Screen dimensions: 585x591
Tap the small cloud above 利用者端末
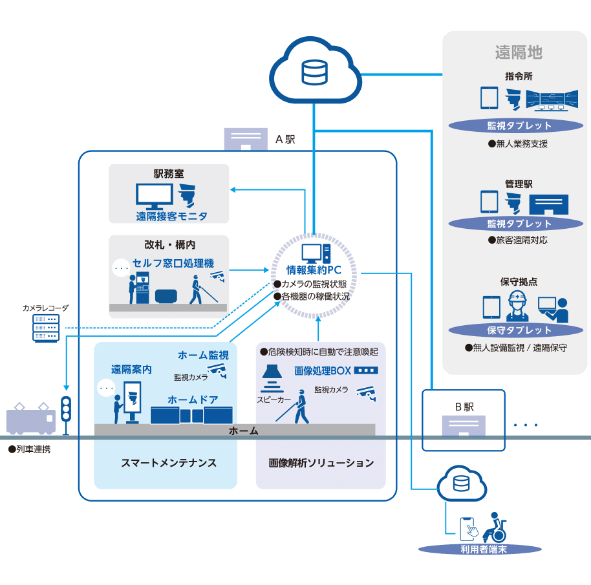[x=460, y=484]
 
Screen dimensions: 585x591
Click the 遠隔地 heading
[x=518, y=52]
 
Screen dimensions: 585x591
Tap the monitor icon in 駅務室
[x=154, y=195]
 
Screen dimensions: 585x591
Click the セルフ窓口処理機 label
[x=173, y=264]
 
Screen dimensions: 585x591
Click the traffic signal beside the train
[x=65, y=409]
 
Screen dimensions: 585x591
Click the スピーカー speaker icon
[x=274, y=378]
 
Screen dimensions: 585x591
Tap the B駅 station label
[x=464, y=407]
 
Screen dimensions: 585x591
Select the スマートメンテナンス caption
[x=169, y=463]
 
